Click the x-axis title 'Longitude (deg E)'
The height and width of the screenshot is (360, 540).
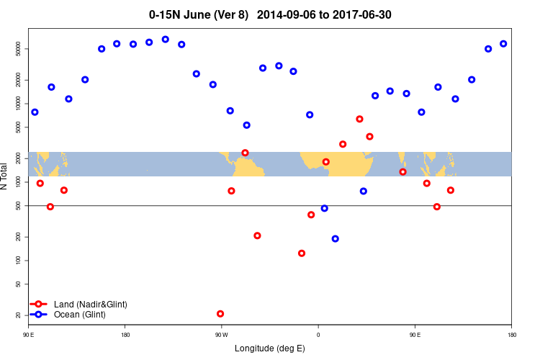coord(270,348)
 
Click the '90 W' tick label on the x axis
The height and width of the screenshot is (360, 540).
coord(221,335)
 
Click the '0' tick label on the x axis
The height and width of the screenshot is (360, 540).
coord(318,335)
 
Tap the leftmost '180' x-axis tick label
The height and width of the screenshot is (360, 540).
coord(125,335)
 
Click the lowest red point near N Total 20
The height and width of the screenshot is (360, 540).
coord(220,314)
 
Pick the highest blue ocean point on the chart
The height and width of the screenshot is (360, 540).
coord(166,40)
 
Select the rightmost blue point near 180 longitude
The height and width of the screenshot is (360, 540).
coord(503,44)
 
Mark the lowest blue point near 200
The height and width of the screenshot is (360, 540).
coord(336,238)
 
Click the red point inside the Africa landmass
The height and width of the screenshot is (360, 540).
coord(326,162)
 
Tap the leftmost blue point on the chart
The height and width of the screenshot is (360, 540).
coord(35,112)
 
